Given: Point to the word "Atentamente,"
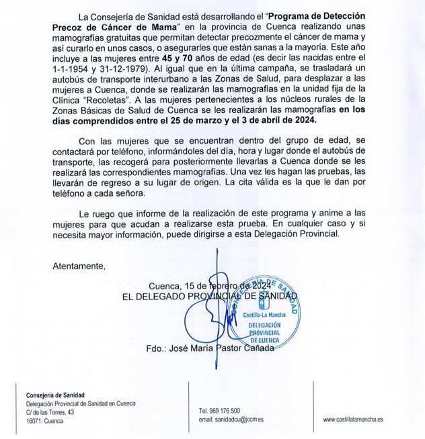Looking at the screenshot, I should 79,265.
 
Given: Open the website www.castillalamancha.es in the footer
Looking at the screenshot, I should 353,420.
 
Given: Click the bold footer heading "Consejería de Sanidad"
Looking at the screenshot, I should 60,394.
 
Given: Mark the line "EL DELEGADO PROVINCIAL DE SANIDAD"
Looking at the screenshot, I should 209,295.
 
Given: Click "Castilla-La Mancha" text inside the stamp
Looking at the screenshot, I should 272,314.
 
